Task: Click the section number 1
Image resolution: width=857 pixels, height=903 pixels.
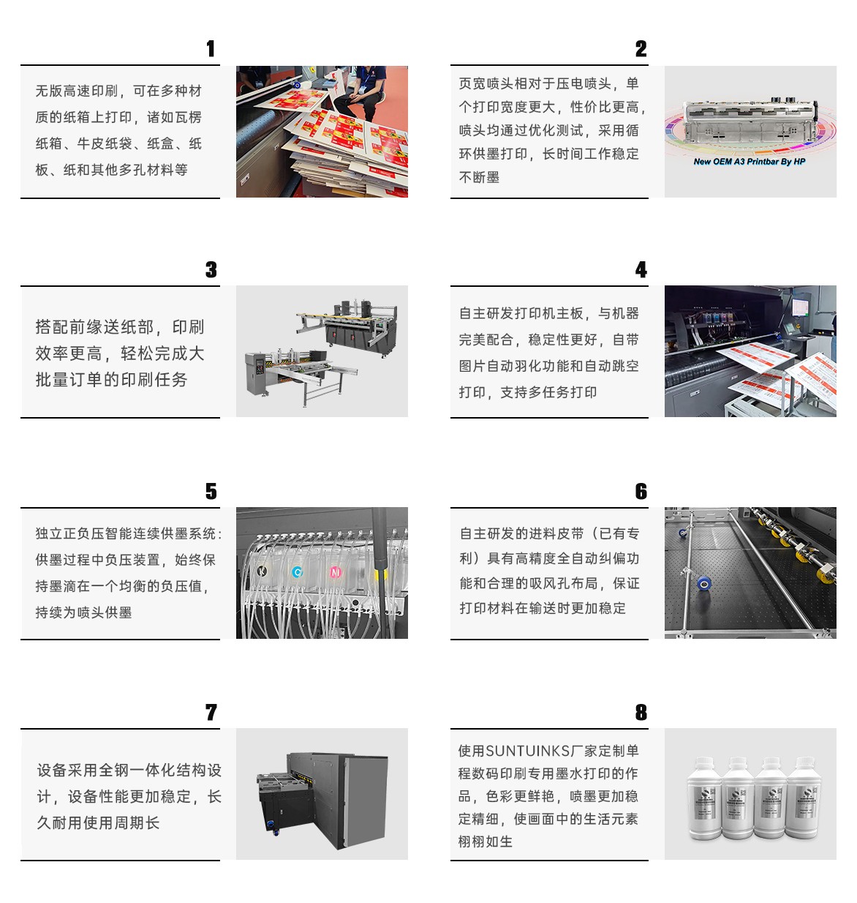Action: point(211,49)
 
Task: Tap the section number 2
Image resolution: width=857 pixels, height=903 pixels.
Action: point(641,49)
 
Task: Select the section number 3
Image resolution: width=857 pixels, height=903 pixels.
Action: point(211,269)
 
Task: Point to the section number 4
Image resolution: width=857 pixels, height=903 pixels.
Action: point(641,269)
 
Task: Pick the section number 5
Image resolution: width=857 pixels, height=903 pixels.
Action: point(211,491)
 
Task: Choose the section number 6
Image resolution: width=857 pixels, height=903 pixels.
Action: point(641,491)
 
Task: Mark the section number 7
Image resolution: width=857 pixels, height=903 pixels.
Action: point(211,712)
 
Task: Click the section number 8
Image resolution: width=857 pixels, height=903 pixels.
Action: point(641,712)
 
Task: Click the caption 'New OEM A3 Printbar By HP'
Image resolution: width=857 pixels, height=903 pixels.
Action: point(749,162)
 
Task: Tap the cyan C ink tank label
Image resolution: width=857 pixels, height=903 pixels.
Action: point(298,572)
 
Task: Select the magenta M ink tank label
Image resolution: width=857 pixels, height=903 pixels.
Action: point(336,572)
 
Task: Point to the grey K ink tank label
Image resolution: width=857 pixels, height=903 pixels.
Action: point(262,572)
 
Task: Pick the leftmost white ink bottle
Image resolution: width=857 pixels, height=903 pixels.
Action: point(704,798)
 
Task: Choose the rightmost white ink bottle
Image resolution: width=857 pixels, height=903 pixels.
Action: point(803,798)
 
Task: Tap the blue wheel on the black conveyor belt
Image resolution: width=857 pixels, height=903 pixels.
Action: point(704,584)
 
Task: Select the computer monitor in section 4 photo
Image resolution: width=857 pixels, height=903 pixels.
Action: point(800,307)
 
